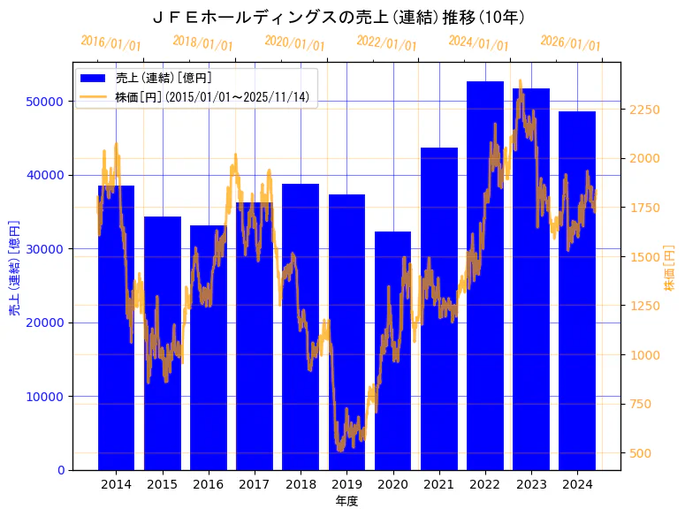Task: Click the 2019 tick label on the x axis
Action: pyautogui.click(x=346, y=484)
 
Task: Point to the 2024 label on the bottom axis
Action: pyautogui.click(x=577, y=484)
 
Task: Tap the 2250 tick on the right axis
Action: pyautogui.click(x=644, y=110)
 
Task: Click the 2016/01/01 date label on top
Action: pyautogui.click(x=110, y=42)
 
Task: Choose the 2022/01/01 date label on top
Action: pyautogui.click(x=386, y=42)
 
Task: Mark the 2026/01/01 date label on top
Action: pyautogui.click(x=570, y=42)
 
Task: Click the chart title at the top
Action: pyautogui.click(x=339, y=17)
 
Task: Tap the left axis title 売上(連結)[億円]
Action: pyautogui.click(x=13, y=266)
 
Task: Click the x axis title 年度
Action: pyautogui.click(x=346, y=501)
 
